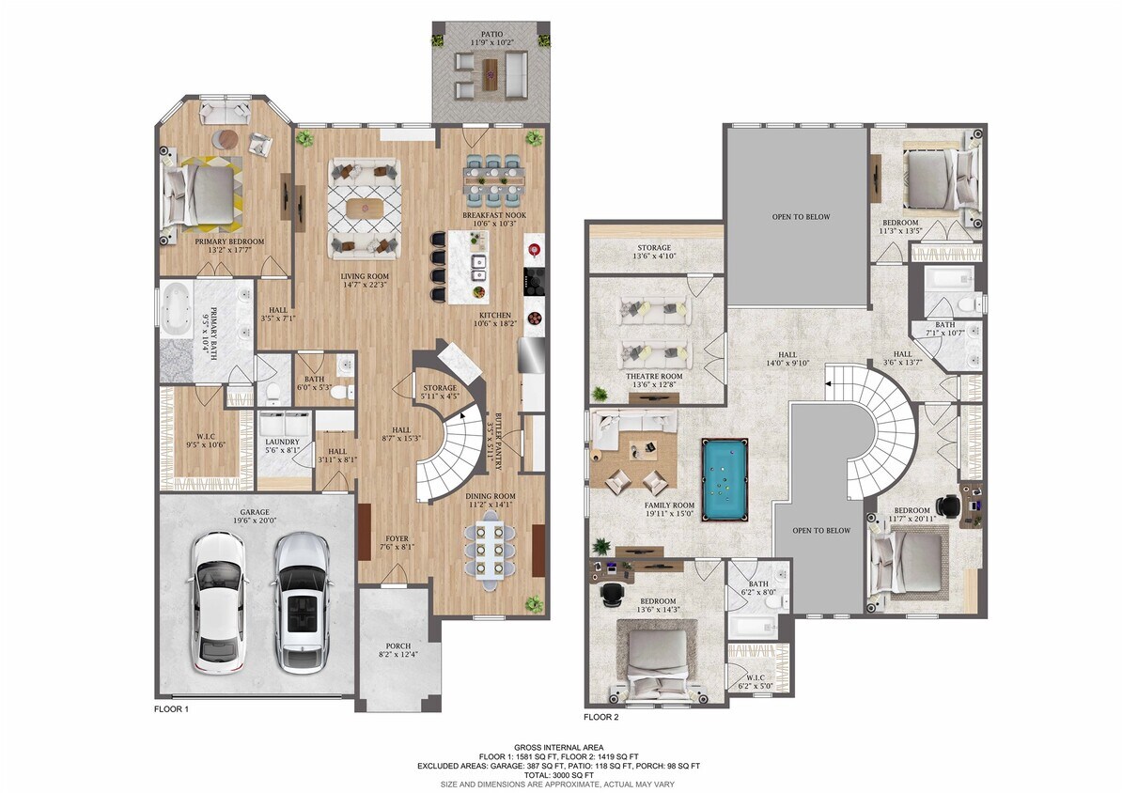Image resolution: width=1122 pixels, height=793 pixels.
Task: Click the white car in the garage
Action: [x=220, y=601]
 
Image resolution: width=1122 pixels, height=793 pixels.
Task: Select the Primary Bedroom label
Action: [x=229, y=241]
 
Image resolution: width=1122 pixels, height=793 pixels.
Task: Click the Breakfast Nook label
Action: [x=493, y=215]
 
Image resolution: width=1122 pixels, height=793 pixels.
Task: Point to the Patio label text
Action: [x=491, y=32]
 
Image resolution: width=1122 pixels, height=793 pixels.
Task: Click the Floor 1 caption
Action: [x=172, y=709]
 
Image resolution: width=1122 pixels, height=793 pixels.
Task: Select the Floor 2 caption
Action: [x=601, y=717]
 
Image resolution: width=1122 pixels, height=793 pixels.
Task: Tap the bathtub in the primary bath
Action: [x=178, y=309]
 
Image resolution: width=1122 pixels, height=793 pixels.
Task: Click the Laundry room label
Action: [x=282, y=442]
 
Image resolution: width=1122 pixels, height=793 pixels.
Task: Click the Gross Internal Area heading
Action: [x=560, y=746]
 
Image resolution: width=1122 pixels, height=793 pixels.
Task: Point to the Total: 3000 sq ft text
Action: [x=560, y=774]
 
